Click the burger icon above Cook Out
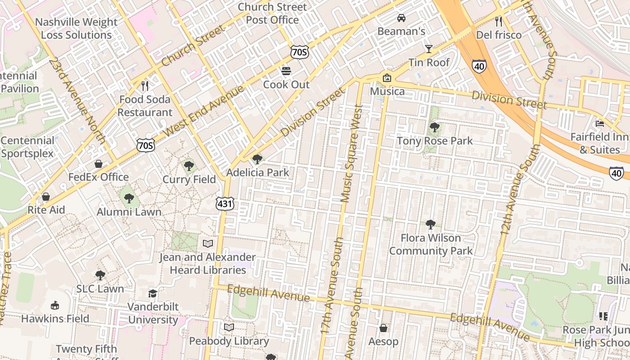(286, 71)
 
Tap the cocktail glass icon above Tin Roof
(428, 49)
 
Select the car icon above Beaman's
(401, 18)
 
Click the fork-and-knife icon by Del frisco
(498, 21)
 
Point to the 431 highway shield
(225, 204)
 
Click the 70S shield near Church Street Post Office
(299, 53)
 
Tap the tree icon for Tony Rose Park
(434, 127)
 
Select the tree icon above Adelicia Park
(257, 159)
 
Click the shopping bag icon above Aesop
(383, 328)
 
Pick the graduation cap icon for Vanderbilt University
(153, 293)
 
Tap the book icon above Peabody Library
(229, 327)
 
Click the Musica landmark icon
(387, 78)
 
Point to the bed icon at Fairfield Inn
(600, 123)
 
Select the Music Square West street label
(352, 153)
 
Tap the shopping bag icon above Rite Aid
(45, 197)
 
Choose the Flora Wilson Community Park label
(431, 244)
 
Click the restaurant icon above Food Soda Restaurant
(144, 85)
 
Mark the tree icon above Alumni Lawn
(129, 198)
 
